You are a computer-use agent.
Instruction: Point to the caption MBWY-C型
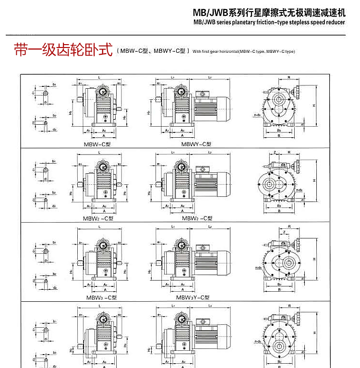[x=196, y=143]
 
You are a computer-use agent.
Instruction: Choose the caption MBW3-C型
[x=101, y=297]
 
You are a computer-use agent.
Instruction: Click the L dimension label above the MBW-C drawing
[x=98, y=77]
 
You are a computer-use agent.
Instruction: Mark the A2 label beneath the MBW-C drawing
[x=104, y=130]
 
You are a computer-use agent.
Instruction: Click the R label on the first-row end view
[x=289, y=77]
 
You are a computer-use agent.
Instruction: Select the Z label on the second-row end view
[x=274, y=153]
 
